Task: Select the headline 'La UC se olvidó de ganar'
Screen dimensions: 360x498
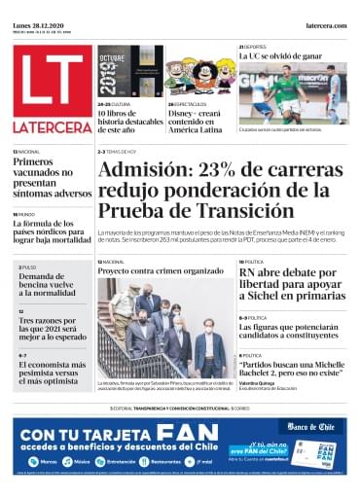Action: pos(281,57)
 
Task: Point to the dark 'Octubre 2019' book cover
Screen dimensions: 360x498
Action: pos(118,72)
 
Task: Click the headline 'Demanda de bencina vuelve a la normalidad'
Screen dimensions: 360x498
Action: pos(52,285)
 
